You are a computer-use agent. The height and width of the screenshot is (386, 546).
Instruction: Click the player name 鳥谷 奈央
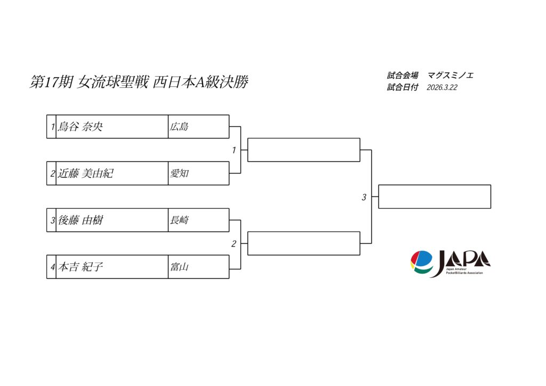(x=81, y=127)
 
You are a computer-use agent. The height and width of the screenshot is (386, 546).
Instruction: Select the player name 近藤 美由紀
(x=86, y=174)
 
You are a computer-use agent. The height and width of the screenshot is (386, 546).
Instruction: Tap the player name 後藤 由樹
(x=81, y=220)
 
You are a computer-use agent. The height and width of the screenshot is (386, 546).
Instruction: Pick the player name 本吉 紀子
(x=81, y=267)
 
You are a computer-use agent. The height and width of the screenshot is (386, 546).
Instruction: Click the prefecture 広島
(x=179, y=127)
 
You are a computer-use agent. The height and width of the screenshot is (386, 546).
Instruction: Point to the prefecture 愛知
(x=179, y=174)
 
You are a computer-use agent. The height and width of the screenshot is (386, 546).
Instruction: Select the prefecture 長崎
(x=179, y=220)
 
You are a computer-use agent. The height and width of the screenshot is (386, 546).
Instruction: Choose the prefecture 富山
(x=179, y=267)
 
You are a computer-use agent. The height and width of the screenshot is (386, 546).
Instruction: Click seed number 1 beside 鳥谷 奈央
(x=52, y=127)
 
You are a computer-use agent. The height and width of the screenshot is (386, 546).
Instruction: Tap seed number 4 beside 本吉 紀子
(x=52, y=267)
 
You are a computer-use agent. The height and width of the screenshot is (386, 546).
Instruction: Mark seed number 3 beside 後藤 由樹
(x=52, y=220)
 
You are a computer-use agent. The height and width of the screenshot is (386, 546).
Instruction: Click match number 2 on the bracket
(x=234, y=244)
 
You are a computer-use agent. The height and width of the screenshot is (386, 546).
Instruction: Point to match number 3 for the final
(x=364, y=198)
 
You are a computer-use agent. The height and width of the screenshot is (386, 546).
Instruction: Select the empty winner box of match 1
(x=304, y=150)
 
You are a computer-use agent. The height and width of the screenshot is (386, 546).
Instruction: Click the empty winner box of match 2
(x=304, y=243)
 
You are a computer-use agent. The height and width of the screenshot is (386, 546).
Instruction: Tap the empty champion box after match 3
(x=435, y=196)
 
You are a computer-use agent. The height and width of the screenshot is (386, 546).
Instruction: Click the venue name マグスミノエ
(x=451, y=76)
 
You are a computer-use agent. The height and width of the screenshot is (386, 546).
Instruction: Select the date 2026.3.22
(x=442, y=88)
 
